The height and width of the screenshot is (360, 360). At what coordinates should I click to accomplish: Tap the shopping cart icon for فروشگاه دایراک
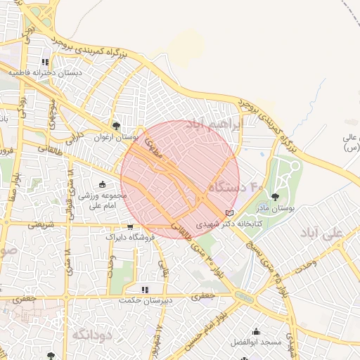pyautogui.click(x=130, y=227)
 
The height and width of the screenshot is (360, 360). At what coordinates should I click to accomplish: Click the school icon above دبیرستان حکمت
pyautogui.click(x=145, y=289)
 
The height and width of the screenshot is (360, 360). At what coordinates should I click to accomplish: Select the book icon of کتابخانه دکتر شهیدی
pyautogui.click(x=229, y=212)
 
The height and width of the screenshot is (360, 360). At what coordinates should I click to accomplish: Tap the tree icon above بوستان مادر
pyautogui.click(x=274, y=197)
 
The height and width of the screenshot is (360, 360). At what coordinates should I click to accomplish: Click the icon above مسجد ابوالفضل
pyautogui.click(x=256, y=331)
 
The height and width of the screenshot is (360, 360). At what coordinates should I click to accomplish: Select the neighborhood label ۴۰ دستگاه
pyautogui.click(x=236, y=188)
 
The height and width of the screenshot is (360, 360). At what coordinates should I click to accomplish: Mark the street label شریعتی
pyautogui.click(x=39, y=226)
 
